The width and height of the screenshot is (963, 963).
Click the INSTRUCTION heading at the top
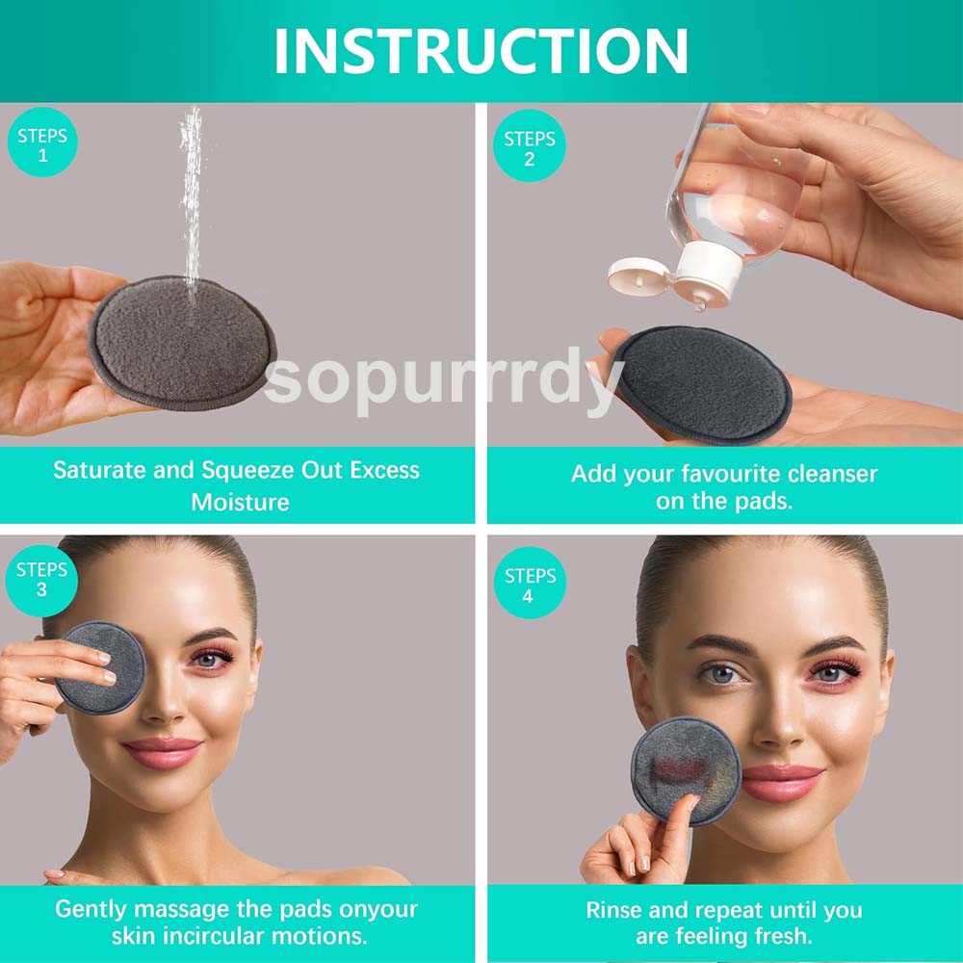[481, 50]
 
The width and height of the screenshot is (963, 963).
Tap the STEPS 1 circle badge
[41, 145]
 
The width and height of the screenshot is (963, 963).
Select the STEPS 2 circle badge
[529, 148]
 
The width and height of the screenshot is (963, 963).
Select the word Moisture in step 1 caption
[240, 502]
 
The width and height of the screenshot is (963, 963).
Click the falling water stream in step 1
[192, 193]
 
